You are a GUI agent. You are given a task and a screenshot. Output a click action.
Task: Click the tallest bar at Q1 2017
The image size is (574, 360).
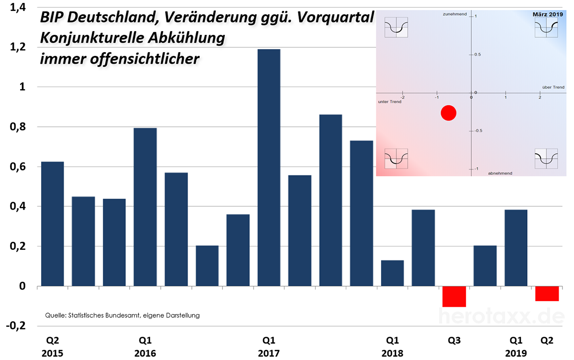tap(269, 168)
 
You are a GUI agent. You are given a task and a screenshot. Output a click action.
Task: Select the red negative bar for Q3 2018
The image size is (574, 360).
tap(454, 296)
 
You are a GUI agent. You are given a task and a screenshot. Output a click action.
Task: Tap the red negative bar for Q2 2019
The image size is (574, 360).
tap(547, 293)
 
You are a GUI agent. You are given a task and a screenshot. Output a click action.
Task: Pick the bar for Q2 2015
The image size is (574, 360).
tap(53, 224)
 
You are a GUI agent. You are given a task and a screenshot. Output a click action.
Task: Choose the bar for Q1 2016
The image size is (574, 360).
tap(145, 207)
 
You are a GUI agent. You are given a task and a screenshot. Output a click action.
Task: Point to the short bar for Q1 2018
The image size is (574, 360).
tap(392, 273)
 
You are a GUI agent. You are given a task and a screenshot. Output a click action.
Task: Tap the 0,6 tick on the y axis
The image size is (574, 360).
tap(19, 167)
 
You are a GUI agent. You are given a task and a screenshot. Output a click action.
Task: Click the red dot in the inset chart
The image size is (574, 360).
tap(448, 113)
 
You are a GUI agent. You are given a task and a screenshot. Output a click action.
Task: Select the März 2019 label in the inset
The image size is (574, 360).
tap(548, 15)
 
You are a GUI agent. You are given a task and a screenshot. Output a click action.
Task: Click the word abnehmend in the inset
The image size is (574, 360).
tap(500, 173)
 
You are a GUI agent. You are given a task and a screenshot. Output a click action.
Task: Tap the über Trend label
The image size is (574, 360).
tap(553, 87)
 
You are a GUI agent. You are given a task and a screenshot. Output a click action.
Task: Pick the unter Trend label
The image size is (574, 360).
tap(389, 102)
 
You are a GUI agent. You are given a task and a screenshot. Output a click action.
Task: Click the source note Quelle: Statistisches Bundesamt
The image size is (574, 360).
tap(122, 315)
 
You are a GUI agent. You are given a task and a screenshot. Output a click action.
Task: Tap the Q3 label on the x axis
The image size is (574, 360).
tap(454, 340)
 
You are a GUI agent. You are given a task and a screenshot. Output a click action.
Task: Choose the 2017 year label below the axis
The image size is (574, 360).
tap(269, 353)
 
